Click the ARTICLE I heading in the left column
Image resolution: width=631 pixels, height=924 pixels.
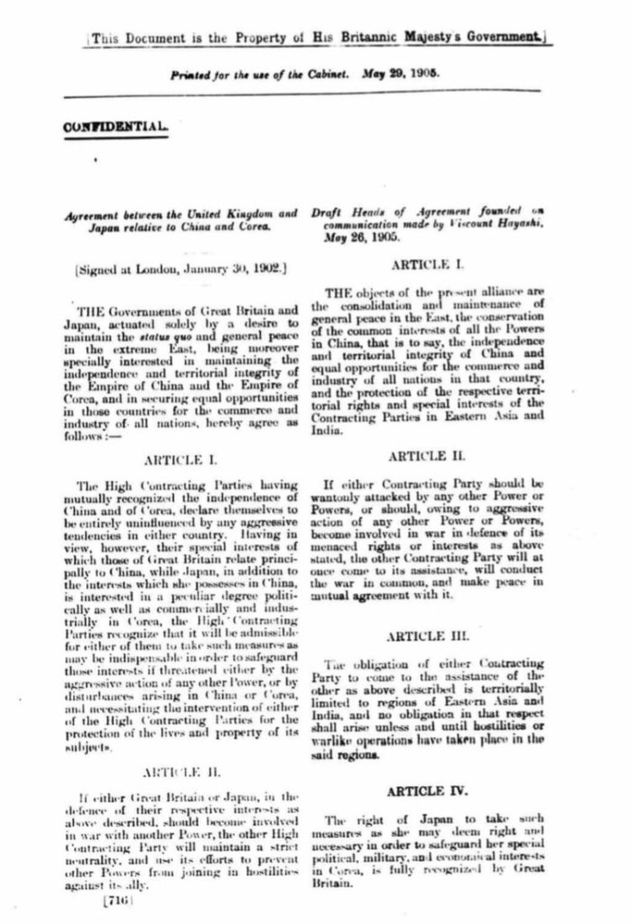pos(179,459)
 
